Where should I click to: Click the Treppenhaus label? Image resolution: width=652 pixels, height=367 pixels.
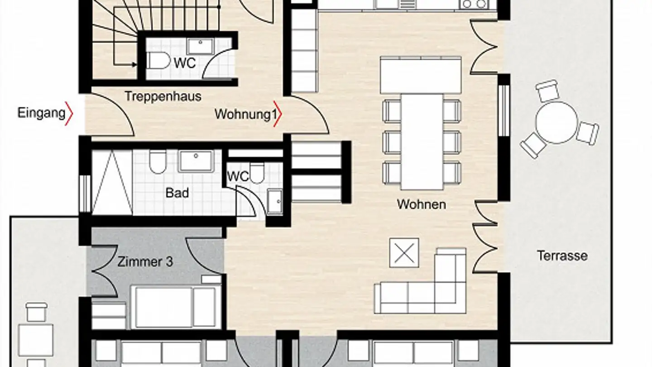coord(163,97)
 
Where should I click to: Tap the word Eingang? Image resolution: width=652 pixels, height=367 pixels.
coord(41,113)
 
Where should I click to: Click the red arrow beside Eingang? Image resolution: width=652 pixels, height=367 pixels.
coord(69,113)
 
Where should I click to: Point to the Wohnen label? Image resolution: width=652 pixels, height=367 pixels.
coord(421,204)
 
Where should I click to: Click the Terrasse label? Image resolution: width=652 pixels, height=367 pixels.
coord(562,256)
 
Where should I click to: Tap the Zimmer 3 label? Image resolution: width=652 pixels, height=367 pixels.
coord(145,262)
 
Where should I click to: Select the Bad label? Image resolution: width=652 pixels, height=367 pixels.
coord(177,193)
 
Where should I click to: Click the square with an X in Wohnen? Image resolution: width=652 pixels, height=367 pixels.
coord(404,252)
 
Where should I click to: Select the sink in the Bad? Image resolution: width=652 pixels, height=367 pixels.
coord(196,161)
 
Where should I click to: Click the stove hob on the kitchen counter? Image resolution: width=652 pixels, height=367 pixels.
coord(473,4)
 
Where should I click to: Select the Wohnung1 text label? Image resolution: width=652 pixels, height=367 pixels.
coord(245,114)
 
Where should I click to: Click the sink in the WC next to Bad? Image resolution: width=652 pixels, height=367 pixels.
coord(274,202)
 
